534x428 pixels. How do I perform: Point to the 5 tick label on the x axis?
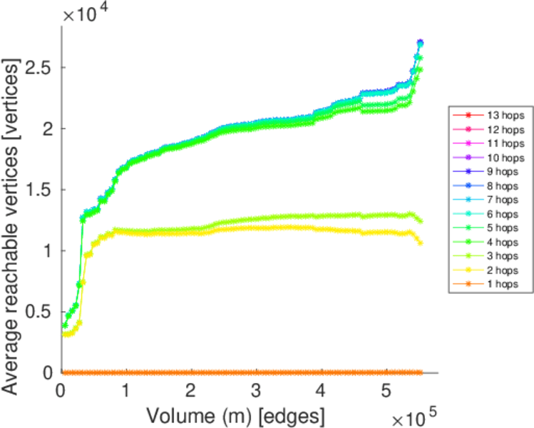[x=386, y=391]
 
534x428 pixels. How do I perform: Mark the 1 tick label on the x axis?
[x=125, y=391]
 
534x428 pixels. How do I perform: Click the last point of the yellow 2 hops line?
[x=421, y=243]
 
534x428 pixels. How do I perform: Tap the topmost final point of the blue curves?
[x=420, y=42]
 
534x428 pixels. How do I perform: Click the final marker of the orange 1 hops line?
[x=421, y=372]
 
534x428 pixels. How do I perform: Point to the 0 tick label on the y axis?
[x=48, y=372]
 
